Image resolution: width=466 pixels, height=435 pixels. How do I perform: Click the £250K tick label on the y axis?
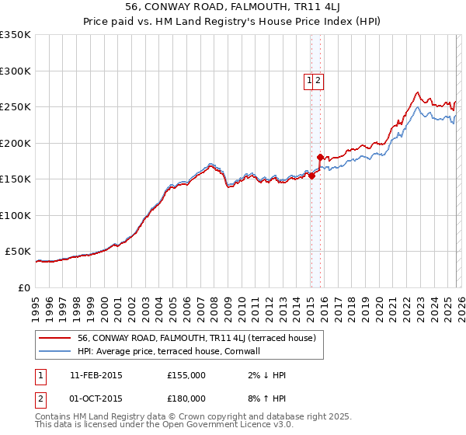pos(16,107)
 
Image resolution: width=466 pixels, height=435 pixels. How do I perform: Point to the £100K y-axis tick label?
pos(16,215)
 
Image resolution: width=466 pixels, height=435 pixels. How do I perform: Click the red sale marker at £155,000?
pos(311,176)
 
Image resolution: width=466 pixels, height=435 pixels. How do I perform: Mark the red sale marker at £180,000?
pos(320,158)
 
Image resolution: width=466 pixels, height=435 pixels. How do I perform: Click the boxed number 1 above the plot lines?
pos(309,79)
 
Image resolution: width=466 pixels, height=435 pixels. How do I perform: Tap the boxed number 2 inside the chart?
pos(318,79)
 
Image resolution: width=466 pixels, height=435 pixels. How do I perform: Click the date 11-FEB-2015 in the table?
pos(96,375)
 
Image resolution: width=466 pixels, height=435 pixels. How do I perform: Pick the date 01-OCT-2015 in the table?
pos(96,398)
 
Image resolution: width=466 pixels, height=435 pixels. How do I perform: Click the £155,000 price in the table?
pos(186,375)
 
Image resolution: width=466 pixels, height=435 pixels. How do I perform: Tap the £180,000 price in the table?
pos(186,398)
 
